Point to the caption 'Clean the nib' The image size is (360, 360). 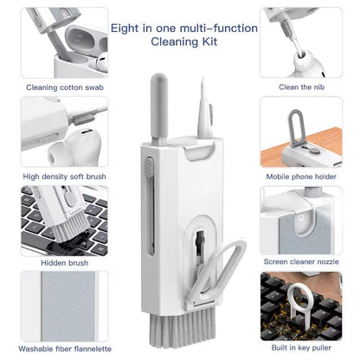pos(302,87)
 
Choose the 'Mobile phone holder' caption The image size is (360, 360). pos(302,177)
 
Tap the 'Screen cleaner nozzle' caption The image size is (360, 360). pos(302,260)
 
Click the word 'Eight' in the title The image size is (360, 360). pos(126,29)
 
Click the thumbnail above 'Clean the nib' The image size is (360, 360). pos(302,42)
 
